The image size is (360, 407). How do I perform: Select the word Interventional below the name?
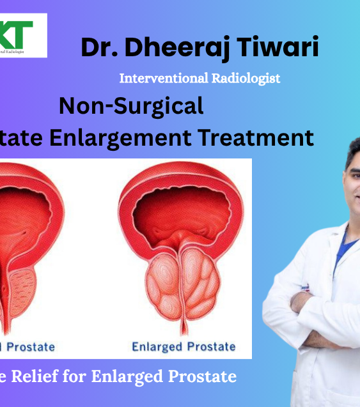tap(159, 79)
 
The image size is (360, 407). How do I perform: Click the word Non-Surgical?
tap(131, 105)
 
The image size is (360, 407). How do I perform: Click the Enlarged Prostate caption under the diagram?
tap(183, 347)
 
